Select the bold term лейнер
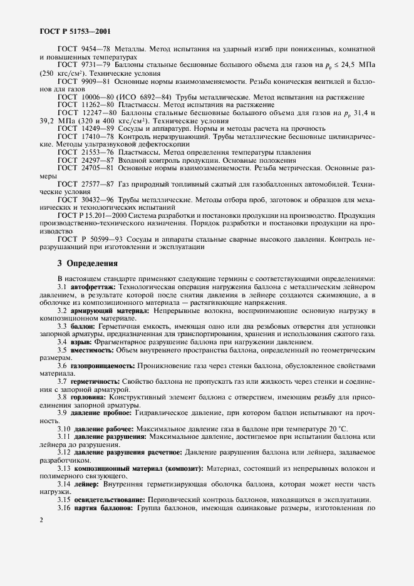click(x=87, y=485)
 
